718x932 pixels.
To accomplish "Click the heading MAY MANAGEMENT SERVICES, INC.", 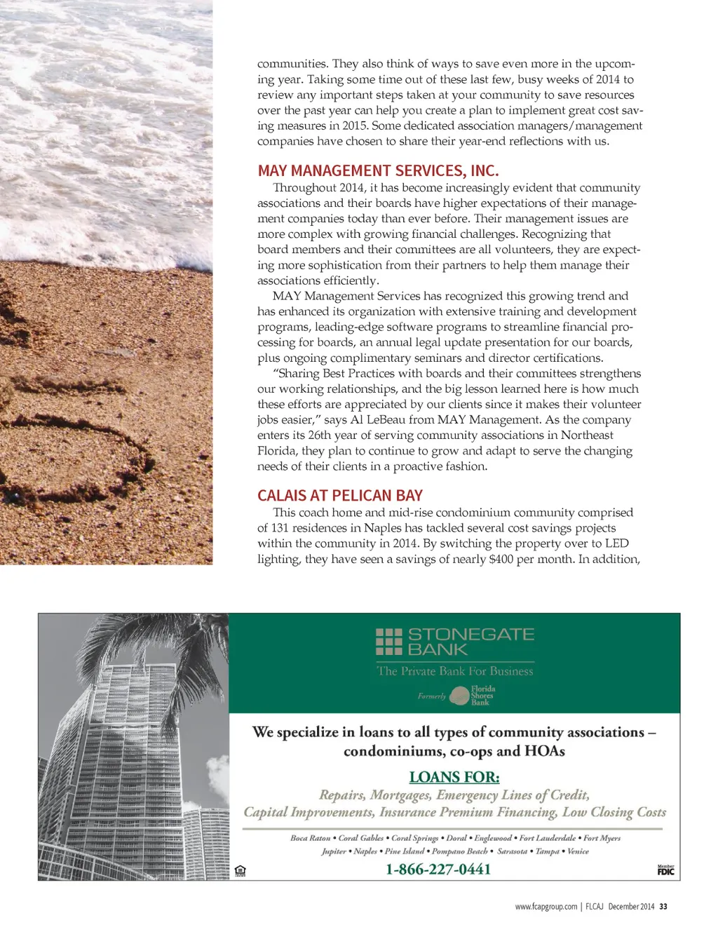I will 378,171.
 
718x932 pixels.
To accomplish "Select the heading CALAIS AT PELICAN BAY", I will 340,496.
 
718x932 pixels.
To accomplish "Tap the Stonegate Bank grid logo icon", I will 389,642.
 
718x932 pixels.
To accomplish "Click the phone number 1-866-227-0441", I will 438,870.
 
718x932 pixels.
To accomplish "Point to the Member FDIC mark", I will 665,870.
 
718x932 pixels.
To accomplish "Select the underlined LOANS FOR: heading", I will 454,777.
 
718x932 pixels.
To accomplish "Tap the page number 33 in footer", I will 663,907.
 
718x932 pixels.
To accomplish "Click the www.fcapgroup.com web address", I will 546,907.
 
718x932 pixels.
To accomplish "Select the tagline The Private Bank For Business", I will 455,671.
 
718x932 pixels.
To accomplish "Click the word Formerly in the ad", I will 431,696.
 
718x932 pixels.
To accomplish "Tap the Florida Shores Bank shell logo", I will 459,696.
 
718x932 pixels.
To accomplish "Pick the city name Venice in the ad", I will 578,851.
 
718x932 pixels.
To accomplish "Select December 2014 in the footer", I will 631,907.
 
